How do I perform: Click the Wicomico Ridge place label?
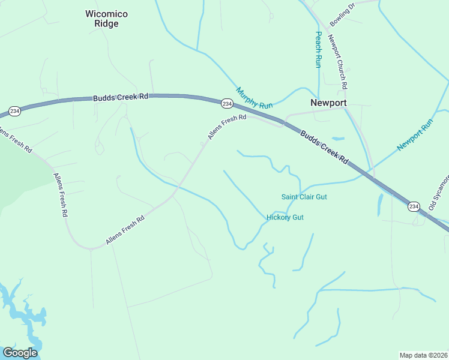pyautogui.click(x=106, y=19)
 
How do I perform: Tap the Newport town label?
pyautogui.click(x=328, y=103)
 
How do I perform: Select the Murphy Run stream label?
pyautogui.click(x=255, y=98)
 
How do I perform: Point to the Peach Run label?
pyautogui.click(x=319, y=49)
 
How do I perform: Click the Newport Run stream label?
pyautogui.click(x=415, y=135)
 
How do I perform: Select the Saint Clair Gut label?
pyautogui.click(x=304, y=197)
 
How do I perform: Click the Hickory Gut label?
pyautogui.click(x=285, y=217)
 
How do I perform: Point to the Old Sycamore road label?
pyautogui.click(x=439, y=192)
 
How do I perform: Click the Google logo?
pyautogui.click(x=20, y=353)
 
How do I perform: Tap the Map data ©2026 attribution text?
pyautogui.click(x=424, y=355)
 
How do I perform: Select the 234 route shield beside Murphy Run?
pyautogui.click(x=227, y=103)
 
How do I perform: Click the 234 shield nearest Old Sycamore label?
pyautogui.click(x=413, y=206)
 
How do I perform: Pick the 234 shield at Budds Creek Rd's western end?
pyautogui.click(x=15, y=111)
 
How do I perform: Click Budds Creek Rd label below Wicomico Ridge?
pyautogui.click(x=120, y=97)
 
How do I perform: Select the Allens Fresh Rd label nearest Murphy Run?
pyautogui.click(x=228, y=127)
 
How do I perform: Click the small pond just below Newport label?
pyautogui.click(x=338, y=139)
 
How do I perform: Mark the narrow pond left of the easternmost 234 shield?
pyautogui.click(x=380, y=205)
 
